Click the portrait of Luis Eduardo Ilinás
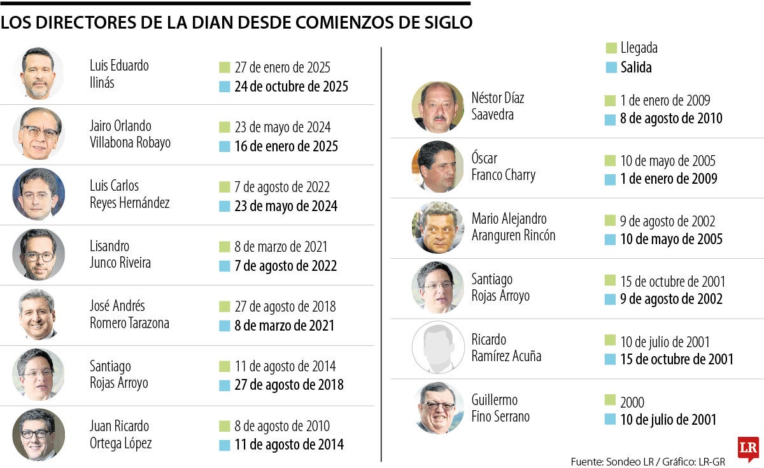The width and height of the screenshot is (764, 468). [38, 74]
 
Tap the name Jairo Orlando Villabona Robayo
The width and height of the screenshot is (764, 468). [130, 134]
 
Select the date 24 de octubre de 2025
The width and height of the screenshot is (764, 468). [291, 86]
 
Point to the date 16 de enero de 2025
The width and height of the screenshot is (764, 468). [286, 146]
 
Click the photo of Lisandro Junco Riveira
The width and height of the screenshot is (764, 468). [38, 254]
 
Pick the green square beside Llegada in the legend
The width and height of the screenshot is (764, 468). [611, 48]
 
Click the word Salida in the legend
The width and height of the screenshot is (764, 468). [636, 67]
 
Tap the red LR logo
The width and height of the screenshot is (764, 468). [748, 448]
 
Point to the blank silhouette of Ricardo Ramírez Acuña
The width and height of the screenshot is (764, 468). [438, 348]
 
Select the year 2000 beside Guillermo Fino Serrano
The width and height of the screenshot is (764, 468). [632, 402]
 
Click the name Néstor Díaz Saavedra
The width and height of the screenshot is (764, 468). [498, 106]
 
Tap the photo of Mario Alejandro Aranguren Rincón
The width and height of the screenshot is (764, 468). [438, 228]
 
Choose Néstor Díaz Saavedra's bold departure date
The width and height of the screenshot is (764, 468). [671, 118]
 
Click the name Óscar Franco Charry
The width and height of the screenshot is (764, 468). [503, 167]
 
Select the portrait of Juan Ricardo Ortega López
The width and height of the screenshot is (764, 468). [38, 434]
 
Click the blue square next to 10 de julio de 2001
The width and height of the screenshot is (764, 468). [611, 420]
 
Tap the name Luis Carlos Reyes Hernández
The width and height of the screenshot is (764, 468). [129, 194]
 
